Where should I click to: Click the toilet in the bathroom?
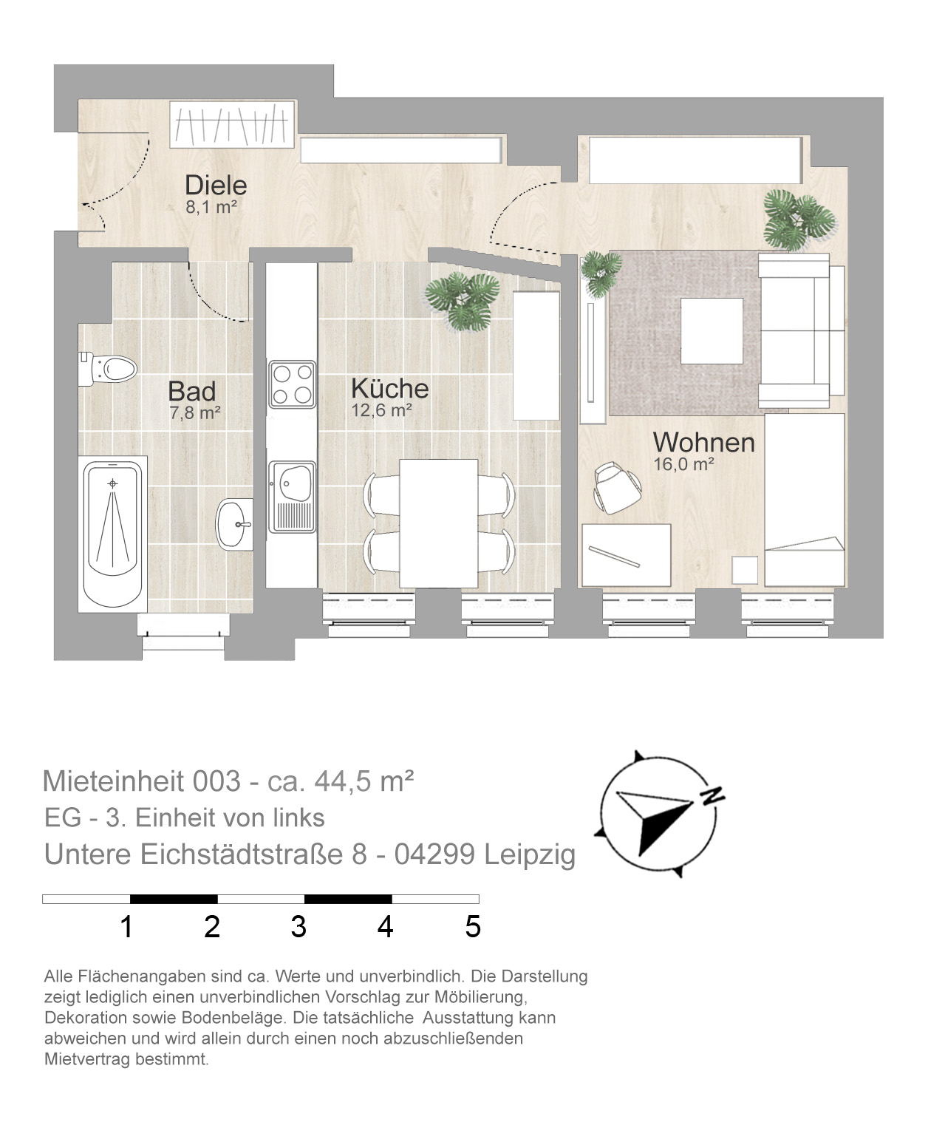click(107, 369)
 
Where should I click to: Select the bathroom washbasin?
click(234, 524)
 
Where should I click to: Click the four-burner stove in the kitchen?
click(292, 384)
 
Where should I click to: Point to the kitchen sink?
click(292, 496)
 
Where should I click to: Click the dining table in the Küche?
click(439, 523)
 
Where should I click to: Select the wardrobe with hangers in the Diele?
click(232, 123)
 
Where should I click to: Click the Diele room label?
click(216, 186)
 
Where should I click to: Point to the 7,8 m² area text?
click(194, 413)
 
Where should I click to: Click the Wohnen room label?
click(703, 443)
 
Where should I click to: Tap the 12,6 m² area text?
click(381, 410)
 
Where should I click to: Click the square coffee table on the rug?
click(712, 331)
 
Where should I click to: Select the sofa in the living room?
click(801, 331)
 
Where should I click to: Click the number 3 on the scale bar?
click(298, 927)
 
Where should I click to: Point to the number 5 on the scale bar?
click(473, 927)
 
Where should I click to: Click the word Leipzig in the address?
click(530, 854)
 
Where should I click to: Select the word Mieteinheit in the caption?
click(113, 781)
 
